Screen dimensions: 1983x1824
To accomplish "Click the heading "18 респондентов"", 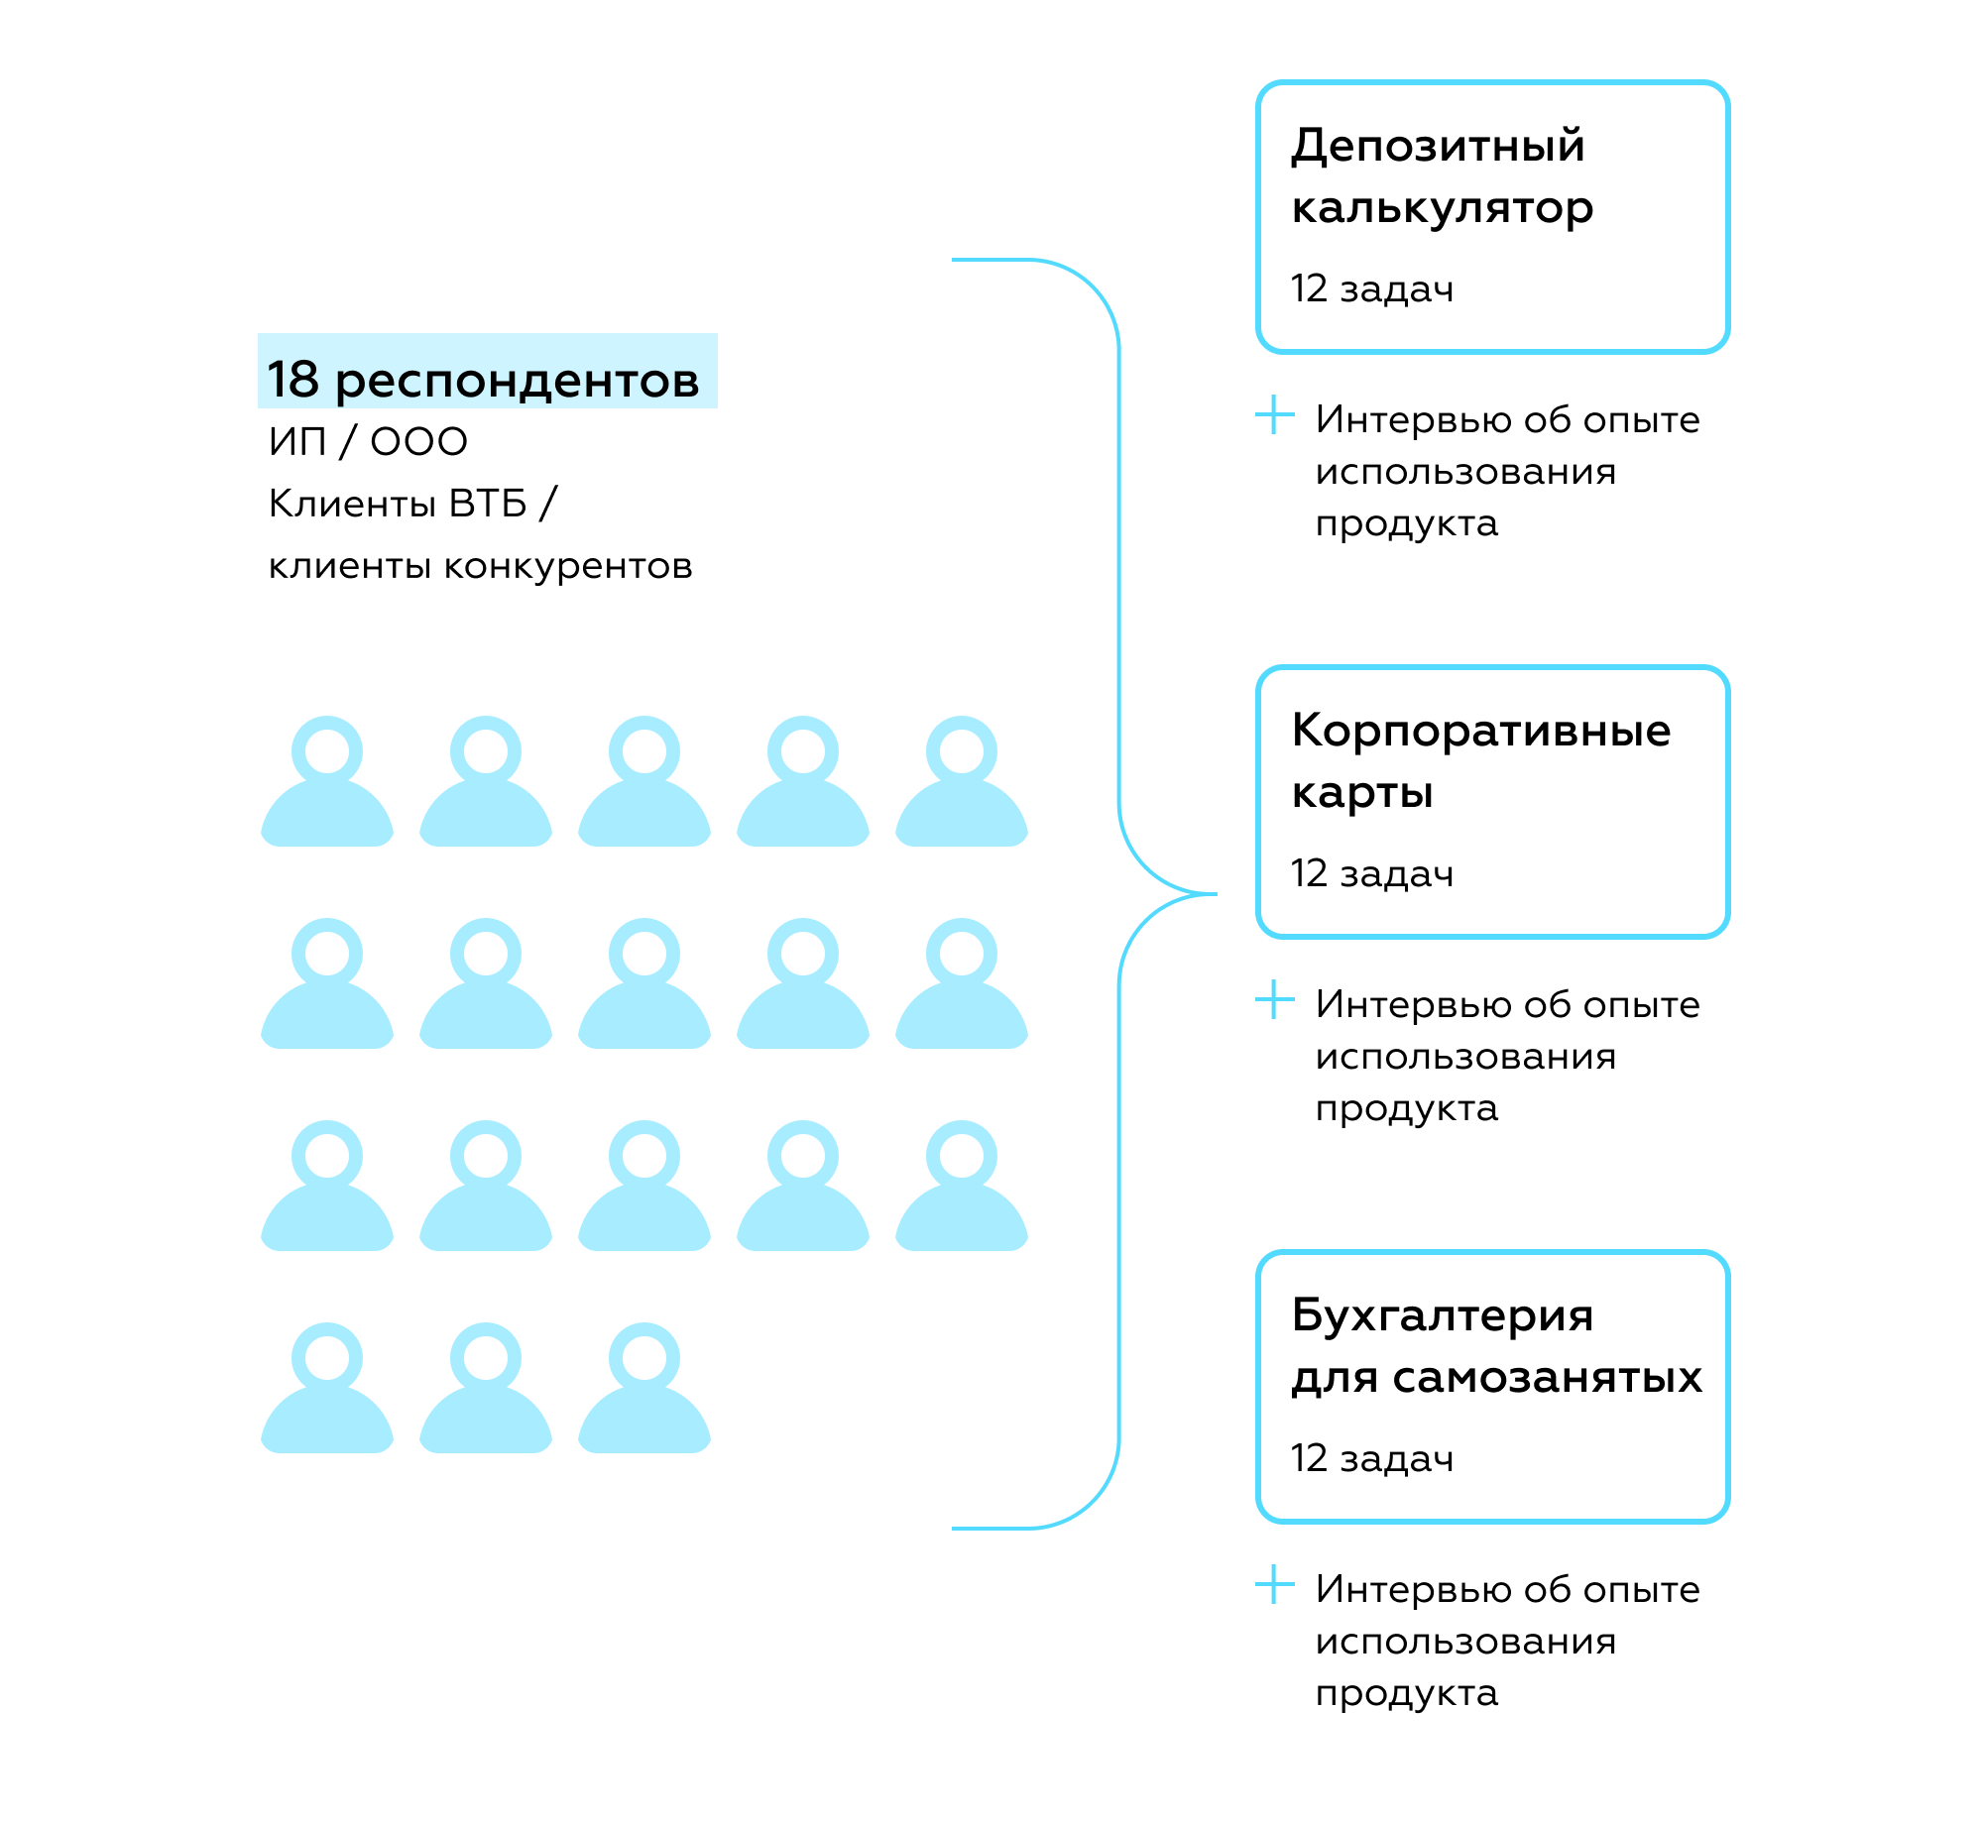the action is click(484, 380).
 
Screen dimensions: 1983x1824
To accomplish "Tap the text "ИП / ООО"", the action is click(368, 442).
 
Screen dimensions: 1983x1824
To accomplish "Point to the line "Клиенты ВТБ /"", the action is click(412, 503).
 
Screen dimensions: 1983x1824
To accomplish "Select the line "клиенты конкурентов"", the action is click(481, 566).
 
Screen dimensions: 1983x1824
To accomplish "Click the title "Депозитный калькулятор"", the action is click(1443, 176).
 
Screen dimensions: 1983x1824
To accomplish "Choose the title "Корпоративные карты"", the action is click(1481, 761).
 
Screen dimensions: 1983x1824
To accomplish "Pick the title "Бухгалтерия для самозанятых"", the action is click(1497, 1346).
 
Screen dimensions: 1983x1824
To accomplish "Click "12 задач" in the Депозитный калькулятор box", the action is click(1372, 288).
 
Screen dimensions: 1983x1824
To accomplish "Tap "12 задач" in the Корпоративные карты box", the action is click(1372, 873).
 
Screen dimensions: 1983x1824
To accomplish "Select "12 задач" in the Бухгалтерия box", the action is click(1372, 1458).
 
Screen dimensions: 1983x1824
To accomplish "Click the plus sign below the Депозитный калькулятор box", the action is click(1275, 414).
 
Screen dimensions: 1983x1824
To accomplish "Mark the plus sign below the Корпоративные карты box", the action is click(1275, 999).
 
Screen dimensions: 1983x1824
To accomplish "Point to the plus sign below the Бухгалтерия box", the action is click(1275, 1584).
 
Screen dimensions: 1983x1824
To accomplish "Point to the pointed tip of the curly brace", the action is click(1216, 894).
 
